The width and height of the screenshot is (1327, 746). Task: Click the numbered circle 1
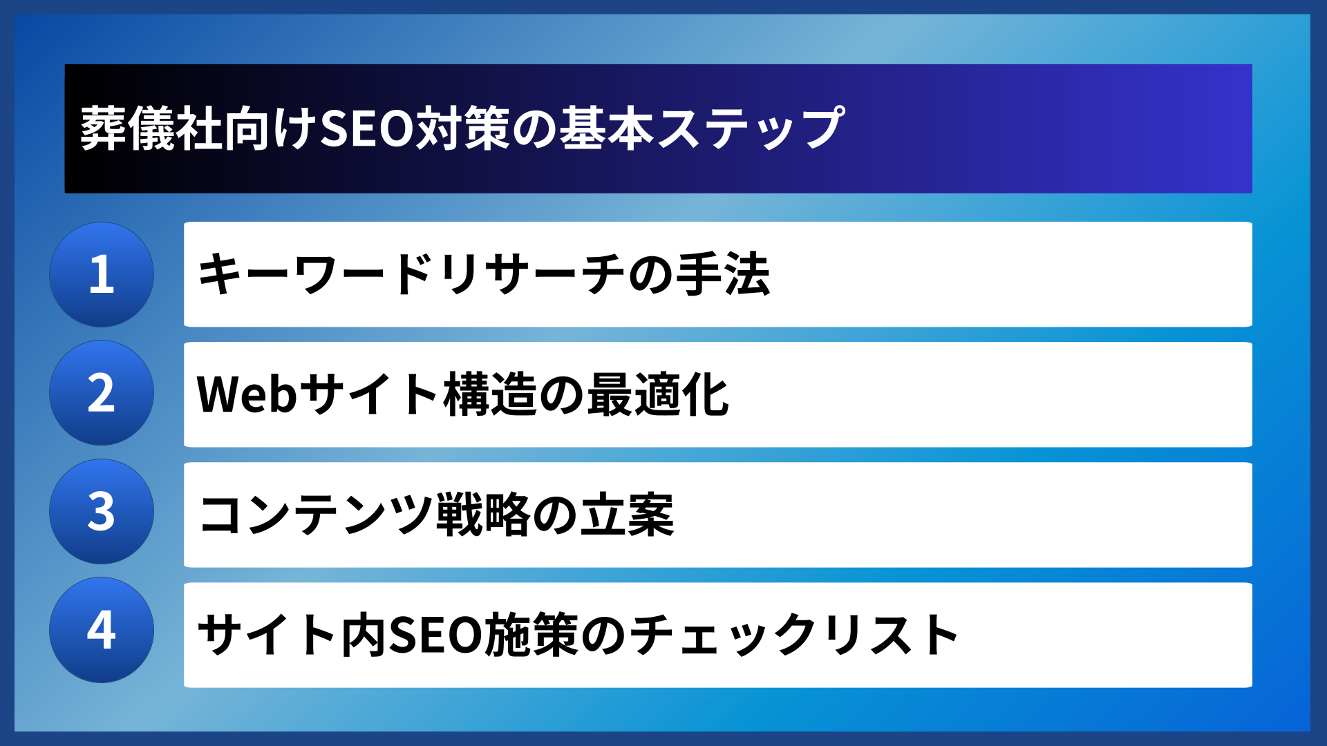[102, 274]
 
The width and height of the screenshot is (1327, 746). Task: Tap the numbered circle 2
[102, 393]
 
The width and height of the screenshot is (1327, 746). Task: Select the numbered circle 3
[102, 512]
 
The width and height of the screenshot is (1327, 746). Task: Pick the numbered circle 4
[102, 630]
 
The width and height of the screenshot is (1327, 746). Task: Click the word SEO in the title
[366, 128]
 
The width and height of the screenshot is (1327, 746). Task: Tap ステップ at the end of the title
[751, 128]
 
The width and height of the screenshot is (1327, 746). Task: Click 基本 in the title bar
[606, 128]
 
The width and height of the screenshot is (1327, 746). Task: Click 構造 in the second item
[490, 394]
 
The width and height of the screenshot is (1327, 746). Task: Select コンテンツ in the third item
[315, 515]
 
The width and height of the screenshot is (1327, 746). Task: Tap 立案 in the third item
[626, 515]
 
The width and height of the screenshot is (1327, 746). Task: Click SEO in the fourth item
[435, 635]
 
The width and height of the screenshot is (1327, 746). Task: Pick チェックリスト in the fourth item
[794, 635]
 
